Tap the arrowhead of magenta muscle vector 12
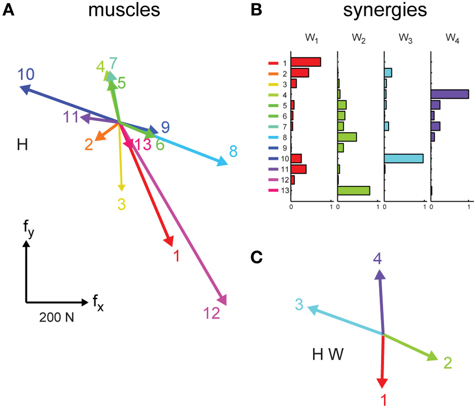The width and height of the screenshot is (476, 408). click(x=222, y=299)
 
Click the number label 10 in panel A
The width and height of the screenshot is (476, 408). click(x=26, y=75)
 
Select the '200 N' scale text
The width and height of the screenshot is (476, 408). click(x=56, y=317)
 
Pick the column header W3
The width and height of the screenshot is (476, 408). click(x=403, y=38)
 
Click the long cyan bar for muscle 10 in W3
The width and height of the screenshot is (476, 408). click(x=404, y=158)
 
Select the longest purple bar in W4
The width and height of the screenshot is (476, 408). click(x=450, y=94)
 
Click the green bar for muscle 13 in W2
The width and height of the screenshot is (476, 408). click(x=354, y=190)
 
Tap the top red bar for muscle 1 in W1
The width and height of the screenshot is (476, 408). click(x=306, y=62)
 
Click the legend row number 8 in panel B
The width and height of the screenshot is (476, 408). click(x=284, y=137)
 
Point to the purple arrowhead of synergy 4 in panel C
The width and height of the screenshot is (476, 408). click(x=380, y=275)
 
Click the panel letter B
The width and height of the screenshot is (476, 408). click(x=256, y=10)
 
